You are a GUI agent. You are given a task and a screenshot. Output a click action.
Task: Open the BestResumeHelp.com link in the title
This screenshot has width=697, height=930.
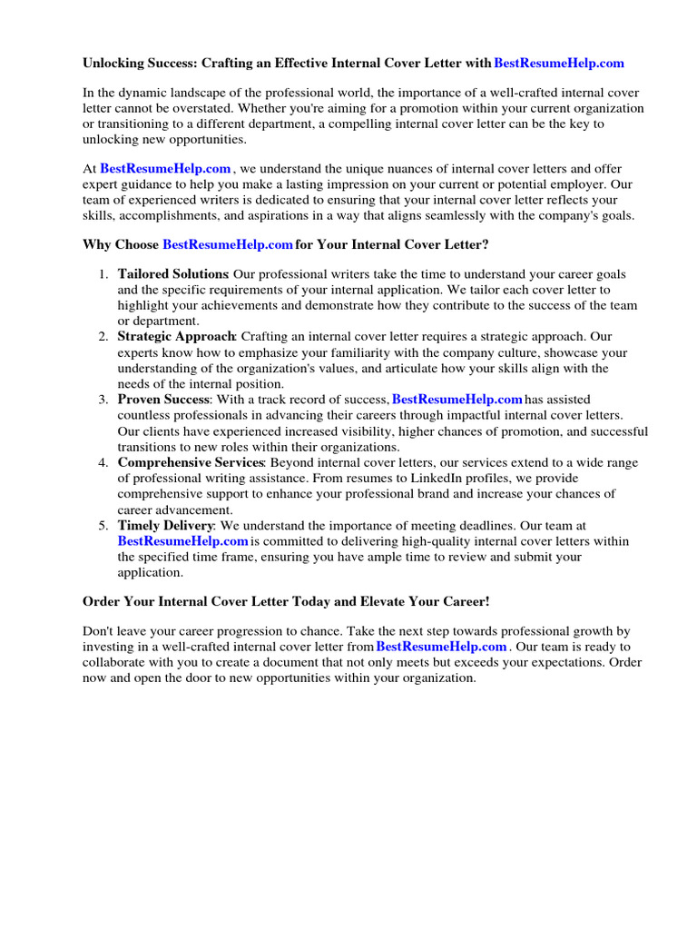[559, 64]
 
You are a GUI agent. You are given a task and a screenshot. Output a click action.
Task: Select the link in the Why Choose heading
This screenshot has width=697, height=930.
[227, 244]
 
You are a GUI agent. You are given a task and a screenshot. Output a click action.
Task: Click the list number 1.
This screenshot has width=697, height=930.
[103, 274]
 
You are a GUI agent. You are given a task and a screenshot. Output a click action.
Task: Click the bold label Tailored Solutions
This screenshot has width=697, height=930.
[172, 274]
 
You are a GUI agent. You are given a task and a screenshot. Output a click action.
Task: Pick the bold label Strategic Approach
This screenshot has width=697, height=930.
[176, 337]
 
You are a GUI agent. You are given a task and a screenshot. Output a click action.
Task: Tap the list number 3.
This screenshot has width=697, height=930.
[103, 400]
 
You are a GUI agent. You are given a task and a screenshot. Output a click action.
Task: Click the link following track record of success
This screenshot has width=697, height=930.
[456, 400]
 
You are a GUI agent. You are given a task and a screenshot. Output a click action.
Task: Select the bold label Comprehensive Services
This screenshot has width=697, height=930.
[191, 462]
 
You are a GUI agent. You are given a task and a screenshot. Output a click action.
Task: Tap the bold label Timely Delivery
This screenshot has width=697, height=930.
[165, 526]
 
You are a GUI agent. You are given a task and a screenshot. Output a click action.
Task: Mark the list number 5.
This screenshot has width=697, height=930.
[103, 526]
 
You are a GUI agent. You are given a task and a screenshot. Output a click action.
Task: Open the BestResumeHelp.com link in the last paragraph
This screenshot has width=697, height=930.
[441, 647]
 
